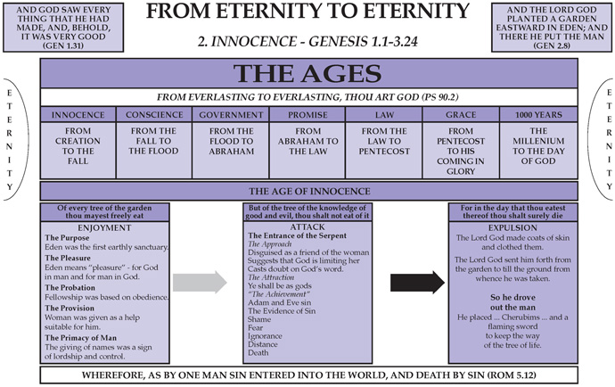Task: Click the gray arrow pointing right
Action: pos(200,282)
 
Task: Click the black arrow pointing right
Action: pos(417,282)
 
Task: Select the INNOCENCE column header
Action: pos(78,115)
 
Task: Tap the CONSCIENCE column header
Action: pos(154,115)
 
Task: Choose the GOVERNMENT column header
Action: pos(231,115)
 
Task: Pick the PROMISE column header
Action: pos(307,115)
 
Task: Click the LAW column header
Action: pos(384,115)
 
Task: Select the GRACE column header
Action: pos(461,115)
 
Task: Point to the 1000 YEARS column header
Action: pos(538,115)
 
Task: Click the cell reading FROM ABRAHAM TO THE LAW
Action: pos(307,151)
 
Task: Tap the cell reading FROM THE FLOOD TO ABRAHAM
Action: pos(231,151)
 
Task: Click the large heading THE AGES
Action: pos(307,73)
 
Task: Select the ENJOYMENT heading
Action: pos(104,227)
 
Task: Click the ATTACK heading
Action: pos(307,226)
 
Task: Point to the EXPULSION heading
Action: pos(512,227)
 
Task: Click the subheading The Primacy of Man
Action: pos(80,338)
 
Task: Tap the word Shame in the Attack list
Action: pos(259,319)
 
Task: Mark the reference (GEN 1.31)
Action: pos(63,45)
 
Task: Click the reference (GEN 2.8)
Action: pos(552,45)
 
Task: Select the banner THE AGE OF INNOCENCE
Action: pos(309,191)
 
